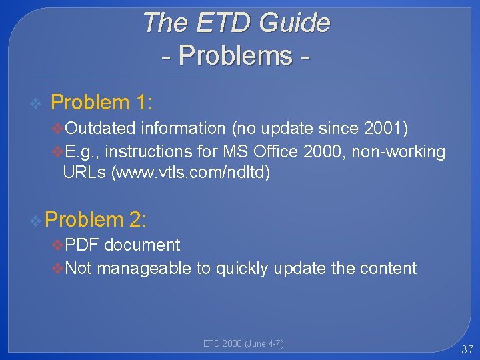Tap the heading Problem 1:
pyautogui.click(x=102, y=103)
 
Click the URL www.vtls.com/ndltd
pyautogui.click(x=191, y=173)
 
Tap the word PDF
pyautogui.click(x=82, y=245)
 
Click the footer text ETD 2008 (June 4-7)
pyautogui.click(x=243, y=344)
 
